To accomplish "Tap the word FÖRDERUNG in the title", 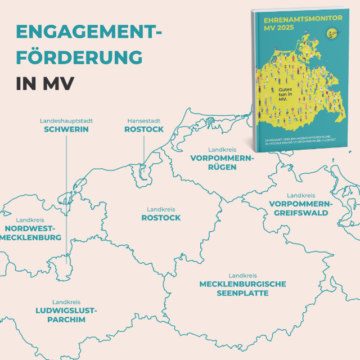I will coord(79,57).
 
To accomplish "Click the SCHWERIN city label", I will coord(66,129).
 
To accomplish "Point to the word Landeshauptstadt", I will coord(66,121).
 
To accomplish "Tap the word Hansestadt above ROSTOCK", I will coord(144,121).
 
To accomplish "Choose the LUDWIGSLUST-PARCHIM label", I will coord(66,315).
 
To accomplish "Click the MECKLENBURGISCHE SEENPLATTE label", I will coord(242,289).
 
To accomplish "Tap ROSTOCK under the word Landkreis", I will coord(161,218).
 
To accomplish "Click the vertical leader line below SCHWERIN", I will coord(66,197).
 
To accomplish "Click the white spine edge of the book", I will coord(251,79).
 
